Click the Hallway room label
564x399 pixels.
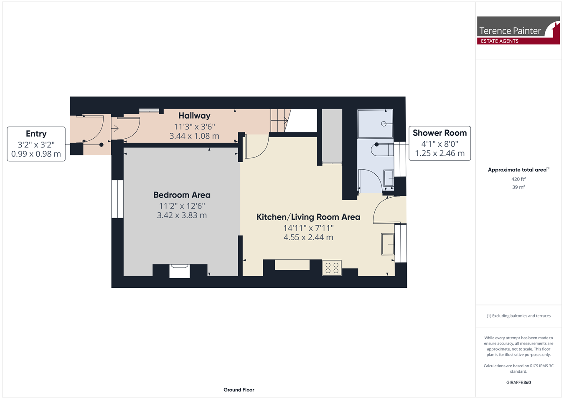tap(194, 116)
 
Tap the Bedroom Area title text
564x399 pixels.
tap(182, 195)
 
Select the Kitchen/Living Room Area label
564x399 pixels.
tap(308, 217)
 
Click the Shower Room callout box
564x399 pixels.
tap(440, 143)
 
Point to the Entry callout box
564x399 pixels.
tap(36, 144)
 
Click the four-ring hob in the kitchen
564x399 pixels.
tap(332, 268)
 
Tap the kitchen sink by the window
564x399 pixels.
tap(388, 244)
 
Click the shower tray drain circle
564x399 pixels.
tap(384, 124)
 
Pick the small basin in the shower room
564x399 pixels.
tap(389, 178)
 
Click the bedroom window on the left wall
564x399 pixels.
tap(117, 199)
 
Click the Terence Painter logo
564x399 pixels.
tap(518, 30)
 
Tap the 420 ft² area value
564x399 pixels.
tap(518, 179)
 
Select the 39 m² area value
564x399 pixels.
tap(518, 187)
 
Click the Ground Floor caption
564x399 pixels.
tap(239, 390)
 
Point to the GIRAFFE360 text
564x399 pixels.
tap(518, 382)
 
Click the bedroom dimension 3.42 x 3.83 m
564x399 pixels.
tap(182, 216)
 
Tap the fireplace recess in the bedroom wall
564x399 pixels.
tap(180, 271)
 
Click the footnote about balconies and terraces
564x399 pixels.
tap(518, 316)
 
